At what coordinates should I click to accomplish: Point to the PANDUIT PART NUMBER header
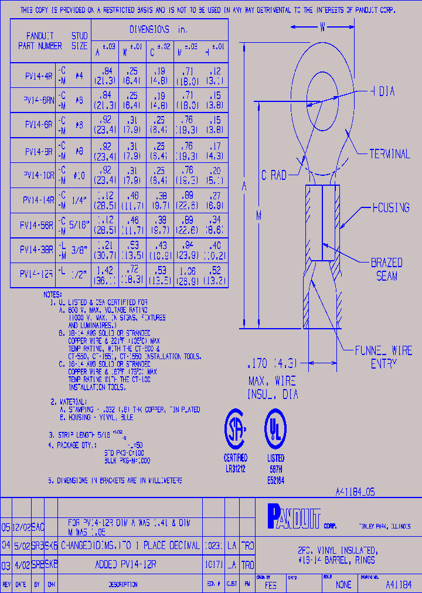[x=40, y=40]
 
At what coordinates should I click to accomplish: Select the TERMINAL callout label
[x=389, y=154]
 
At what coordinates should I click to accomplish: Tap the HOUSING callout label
[x=390, y=207]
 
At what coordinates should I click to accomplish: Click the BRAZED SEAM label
[x=386, y=270]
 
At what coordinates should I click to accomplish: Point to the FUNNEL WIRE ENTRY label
[x=383, y=357]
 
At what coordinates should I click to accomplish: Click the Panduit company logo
[x=294, y=516]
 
